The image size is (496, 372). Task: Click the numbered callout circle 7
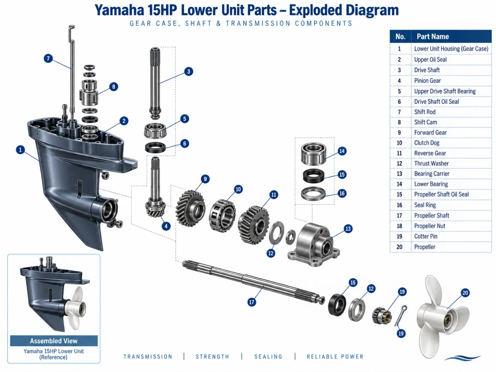(x=48, y=58)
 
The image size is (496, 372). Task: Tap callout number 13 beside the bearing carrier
(x=348, y=229)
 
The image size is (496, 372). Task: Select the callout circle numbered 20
(x=465, y=293)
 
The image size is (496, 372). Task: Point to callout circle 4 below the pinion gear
(x=166, y=226)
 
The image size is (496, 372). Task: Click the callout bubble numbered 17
(x=251, y=302)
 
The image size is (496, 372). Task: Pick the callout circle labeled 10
(x=238, y=189)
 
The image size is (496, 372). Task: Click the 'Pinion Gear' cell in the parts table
(x=427, y=81)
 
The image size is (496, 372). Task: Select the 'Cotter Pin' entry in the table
(x=425, y=236)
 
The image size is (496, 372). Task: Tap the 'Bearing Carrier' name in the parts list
(x=432, y=174)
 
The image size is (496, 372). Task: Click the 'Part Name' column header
(x=433, y=36)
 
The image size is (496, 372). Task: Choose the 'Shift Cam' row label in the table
(x=425, y=122)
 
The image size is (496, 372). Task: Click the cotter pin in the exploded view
(x=401, y=315)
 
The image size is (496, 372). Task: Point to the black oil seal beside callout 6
(x=155, y=147)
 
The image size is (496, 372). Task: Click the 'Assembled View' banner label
(x=54, y=341)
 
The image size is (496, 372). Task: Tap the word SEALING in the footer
(x=268, y=357)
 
